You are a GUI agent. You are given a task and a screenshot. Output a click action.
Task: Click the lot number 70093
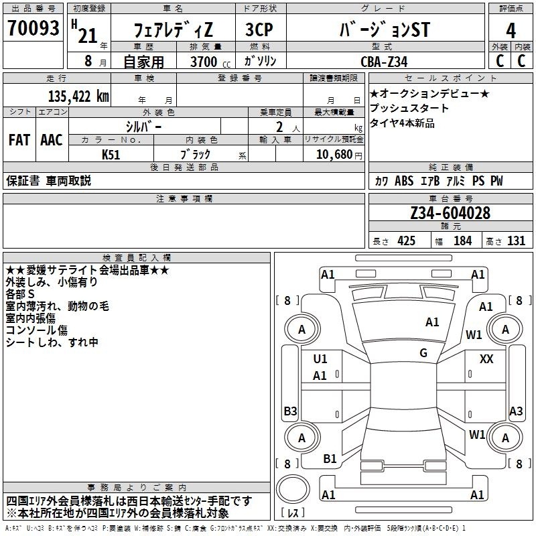tap(33, 28)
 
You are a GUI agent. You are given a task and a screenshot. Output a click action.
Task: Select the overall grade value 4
tap(511, 31)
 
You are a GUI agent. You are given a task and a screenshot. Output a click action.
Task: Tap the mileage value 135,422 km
tap(78, 96)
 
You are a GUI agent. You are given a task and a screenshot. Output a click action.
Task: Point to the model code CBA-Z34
tap(384, 62)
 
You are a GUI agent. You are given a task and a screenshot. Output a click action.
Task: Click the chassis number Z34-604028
tap(450, 213)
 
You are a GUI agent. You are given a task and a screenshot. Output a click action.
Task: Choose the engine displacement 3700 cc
tap(210, 62)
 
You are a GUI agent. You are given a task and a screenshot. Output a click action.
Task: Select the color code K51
tap(111, 155)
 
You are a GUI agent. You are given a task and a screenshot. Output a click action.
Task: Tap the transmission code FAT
tap(19, 140)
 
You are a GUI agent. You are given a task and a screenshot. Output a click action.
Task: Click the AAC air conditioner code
tap(52, 140)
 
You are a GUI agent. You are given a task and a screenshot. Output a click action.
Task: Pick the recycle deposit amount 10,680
tap(334, 155)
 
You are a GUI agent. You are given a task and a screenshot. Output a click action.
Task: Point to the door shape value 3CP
tap(259, 29)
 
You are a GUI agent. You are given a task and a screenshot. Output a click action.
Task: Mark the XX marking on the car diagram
tap(486, 359)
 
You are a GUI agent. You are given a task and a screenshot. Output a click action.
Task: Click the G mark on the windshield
tap(423, 353)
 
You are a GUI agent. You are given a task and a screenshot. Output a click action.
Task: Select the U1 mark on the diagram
tap(320, 359)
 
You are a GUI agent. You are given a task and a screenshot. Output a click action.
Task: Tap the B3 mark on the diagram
tap(290, 411)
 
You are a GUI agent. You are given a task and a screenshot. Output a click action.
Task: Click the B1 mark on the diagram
tap(330, 459)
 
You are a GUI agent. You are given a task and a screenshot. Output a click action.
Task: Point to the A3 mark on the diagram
tap(516, 411)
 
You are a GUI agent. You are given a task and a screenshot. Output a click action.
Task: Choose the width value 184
tap(462, 241)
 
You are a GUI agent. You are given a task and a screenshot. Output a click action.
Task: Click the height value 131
tap(516, 241)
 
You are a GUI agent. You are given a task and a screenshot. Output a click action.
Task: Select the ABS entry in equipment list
tap(404, 181)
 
